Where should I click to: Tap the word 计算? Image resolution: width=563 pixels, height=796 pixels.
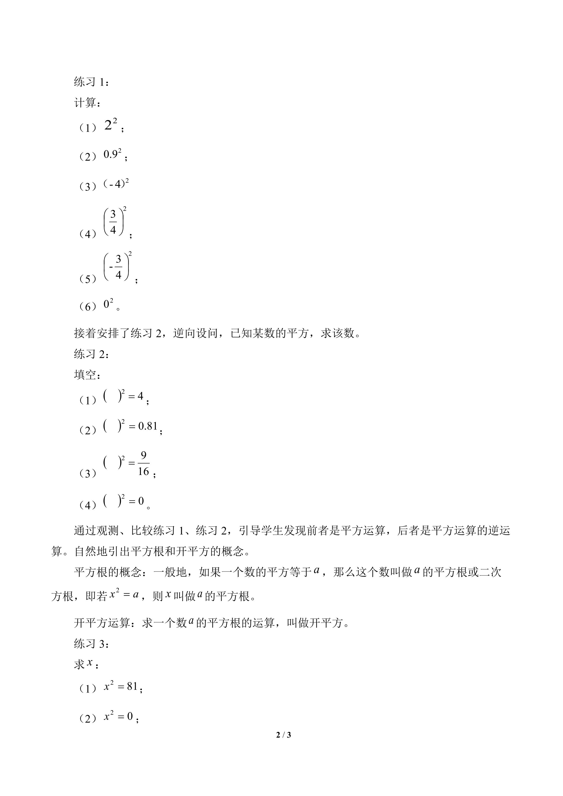[x=85, y=103]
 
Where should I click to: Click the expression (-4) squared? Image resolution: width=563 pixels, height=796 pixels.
[x=116, y=184]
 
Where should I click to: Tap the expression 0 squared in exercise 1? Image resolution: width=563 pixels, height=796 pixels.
[x=108, y=304]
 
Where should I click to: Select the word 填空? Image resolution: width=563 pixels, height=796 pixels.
[x=85, y=375]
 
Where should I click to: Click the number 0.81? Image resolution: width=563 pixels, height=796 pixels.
[x=148, y=426]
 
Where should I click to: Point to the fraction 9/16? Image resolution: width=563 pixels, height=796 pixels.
[x=144, y=464]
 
